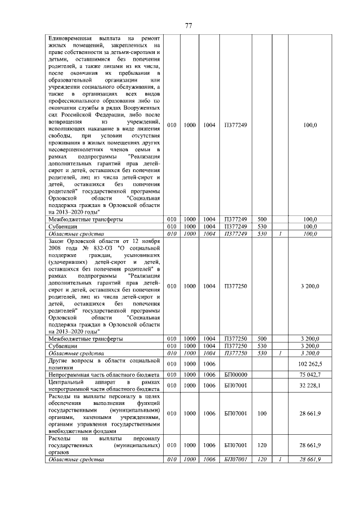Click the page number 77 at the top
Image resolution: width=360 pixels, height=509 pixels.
189,25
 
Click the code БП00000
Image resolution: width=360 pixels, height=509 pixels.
236,375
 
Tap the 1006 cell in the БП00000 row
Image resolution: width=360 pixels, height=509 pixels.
209,375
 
